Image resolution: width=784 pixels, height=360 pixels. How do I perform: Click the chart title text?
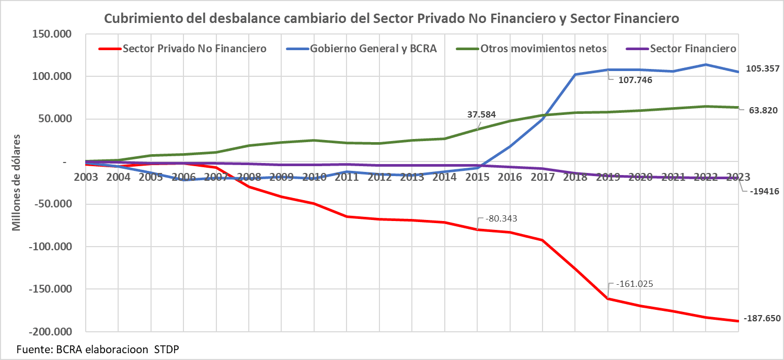391,18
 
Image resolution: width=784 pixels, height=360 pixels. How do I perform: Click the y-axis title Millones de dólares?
16,183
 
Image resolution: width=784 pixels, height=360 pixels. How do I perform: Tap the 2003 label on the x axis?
86,177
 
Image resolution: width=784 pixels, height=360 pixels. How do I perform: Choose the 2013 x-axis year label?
412,177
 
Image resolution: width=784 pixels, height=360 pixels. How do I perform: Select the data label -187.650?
759,319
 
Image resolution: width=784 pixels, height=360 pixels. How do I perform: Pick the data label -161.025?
635,284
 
